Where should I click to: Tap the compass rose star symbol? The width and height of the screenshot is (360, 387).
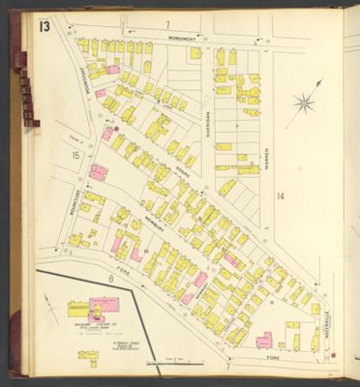point(304,103)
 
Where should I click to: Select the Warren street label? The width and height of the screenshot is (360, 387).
point(266,155)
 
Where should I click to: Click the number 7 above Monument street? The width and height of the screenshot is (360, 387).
point(166,23)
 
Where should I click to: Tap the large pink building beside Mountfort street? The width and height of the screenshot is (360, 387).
point(98,172)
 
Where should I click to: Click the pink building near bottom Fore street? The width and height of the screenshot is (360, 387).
point(263,340)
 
